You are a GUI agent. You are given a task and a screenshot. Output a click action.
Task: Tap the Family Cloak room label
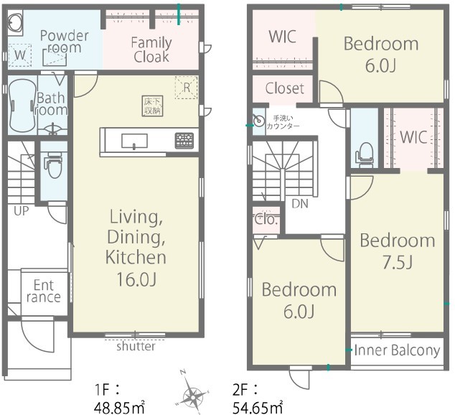[x=151, y=50]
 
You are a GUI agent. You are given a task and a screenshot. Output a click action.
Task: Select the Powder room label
[x=64, y=42]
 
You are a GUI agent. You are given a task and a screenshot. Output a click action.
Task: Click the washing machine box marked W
[x=19, y=55]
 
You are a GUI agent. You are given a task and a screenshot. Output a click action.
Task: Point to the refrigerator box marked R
[x=187, y=88]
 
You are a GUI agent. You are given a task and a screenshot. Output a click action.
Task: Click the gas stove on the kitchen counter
[x=184, y=141]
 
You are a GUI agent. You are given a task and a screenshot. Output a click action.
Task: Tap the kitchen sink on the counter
[x=134, y=141]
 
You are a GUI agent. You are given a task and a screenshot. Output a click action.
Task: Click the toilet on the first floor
[x=53, y=165]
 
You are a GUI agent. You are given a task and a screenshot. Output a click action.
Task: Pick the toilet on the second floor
[x=365, y=154]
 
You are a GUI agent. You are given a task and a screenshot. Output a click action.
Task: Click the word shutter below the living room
[x=136, y=346]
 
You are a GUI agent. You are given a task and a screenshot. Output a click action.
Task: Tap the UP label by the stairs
[x=22, y=211]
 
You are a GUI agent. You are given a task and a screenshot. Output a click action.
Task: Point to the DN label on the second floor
[x=300, y=204]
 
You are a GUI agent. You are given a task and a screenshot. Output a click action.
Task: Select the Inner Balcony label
[x=397, y=350]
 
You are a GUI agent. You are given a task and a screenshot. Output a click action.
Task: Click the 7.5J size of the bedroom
[x=398, y=263]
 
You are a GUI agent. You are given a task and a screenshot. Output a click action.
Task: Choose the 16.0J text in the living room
[x=136, y=279]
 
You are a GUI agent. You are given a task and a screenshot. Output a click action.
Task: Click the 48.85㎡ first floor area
[x=119, y=409]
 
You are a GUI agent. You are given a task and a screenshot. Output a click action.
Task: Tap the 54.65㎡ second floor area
[x=258, y=409]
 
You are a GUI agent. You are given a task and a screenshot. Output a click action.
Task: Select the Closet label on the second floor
[x=285, y=88]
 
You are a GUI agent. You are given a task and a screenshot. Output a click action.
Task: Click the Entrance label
[x=44, y=291]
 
